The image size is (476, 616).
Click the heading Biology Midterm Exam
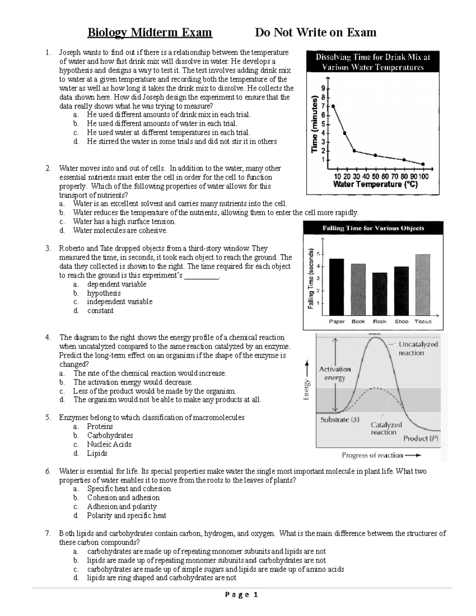click(150, 32)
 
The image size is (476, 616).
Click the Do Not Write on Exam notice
click(315, 32)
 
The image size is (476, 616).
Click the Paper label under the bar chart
click(337, 321)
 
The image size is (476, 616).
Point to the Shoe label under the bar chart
click(401, 321)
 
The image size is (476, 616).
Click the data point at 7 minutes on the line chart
click(333, 106)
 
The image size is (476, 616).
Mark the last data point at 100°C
click(423, 164)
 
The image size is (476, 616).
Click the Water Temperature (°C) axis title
click(375, 184)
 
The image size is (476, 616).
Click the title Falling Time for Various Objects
click(373, 228)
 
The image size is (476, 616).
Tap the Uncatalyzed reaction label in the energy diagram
click(418, 349)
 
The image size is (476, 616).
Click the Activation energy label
click(335, 373)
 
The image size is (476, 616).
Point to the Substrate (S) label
click(340, 420)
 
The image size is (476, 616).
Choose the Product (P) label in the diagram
click(421, 438)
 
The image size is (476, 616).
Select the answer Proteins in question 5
click(100, 426)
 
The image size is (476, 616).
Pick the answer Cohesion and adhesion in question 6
click(123, 497)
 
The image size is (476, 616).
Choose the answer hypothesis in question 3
click(104, 293)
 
